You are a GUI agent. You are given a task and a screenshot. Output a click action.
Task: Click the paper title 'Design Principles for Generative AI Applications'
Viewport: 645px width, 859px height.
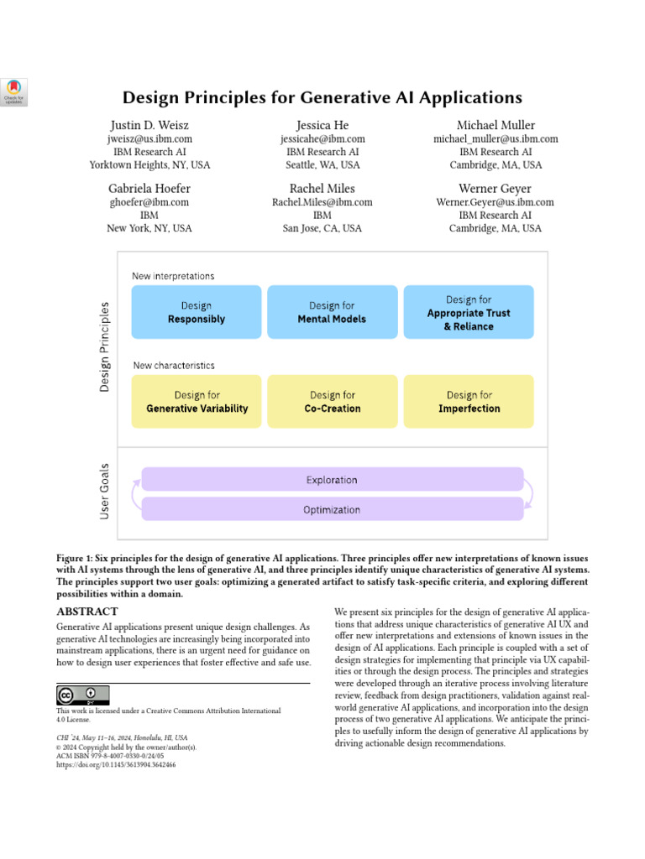pos(322,97)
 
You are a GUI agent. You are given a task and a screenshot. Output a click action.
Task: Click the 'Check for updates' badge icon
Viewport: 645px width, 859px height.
pos(14,92)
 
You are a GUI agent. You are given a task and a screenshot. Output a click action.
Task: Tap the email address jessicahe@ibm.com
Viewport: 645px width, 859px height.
pos(322,138)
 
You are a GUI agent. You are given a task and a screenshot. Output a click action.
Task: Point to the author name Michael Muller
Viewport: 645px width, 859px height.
pos(496,125)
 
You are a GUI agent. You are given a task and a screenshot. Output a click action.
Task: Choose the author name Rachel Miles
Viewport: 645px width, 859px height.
pos(322,189)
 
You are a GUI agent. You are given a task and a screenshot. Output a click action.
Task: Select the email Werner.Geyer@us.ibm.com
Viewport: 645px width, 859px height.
pos(496,202)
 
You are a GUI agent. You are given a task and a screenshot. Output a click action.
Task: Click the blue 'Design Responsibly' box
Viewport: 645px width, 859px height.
pos(196,312)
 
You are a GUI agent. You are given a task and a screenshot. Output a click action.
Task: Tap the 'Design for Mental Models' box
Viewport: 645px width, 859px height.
pos(333,312)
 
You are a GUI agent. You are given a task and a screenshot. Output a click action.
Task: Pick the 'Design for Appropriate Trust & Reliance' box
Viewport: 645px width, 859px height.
pos(469,312)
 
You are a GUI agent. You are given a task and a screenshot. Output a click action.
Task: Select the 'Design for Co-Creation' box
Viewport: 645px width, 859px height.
pos(333,402)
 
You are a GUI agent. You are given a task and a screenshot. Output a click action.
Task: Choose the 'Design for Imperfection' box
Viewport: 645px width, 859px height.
pos(469,402)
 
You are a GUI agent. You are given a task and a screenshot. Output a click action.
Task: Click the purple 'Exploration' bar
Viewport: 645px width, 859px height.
pos(333,480)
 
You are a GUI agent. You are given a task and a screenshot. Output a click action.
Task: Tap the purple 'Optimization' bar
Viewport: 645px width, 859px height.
pos(333,509)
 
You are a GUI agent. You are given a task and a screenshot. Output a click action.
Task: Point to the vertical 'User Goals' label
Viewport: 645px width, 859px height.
pos(105,493)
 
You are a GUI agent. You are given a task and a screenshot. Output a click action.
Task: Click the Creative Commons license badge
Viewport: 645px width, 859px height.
pos(83,695)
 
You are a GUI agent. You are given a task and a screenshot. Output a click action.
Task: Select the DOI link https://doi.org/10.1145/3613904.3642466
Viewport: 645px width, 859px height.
pos(121,765)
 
